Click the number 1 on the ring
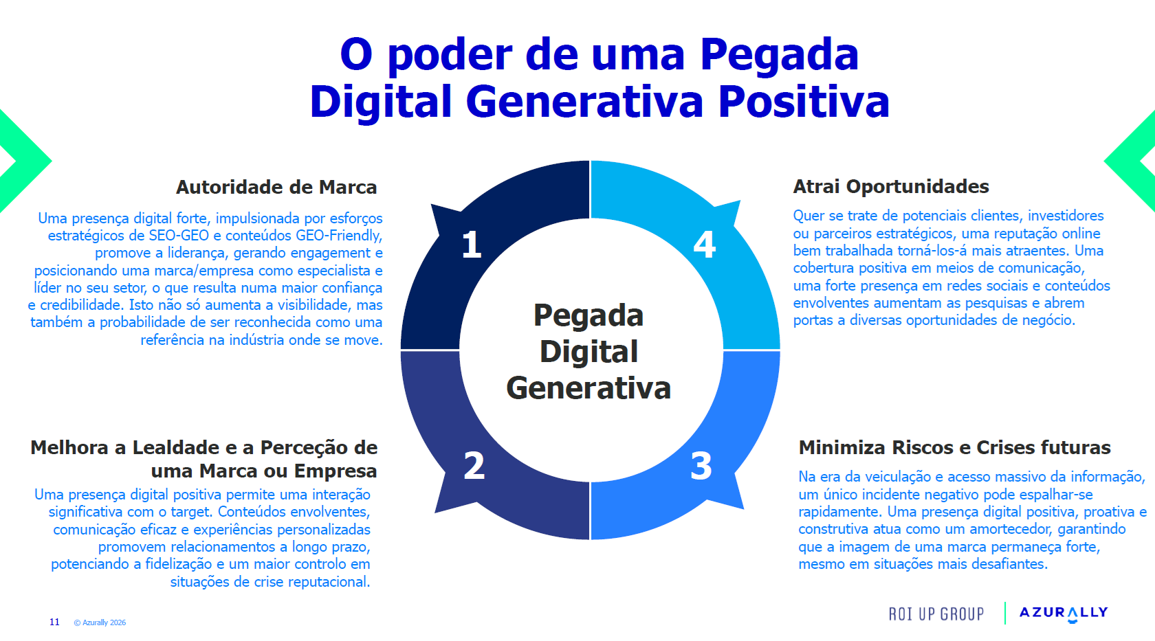472,245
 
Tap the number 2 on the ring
474,466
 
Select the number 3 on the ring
701,466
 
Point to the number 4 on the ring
704,245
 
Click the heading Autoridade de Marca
276,187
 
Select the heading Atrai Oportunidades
891,187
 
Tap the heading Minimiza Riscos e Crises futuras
954,447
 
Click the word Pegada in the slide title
779,55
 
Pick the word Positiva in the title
804,102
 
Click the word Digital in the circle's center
588,352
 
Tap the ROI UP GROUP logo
936,614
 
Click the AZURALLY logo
1064,613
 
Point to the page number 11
55,622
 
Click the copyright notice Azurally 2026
100,622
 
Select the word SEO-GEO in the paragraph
179,236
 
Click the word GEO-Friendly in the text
339,236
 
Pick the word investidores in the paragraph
1066,216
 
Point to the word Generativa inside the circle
588,388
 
